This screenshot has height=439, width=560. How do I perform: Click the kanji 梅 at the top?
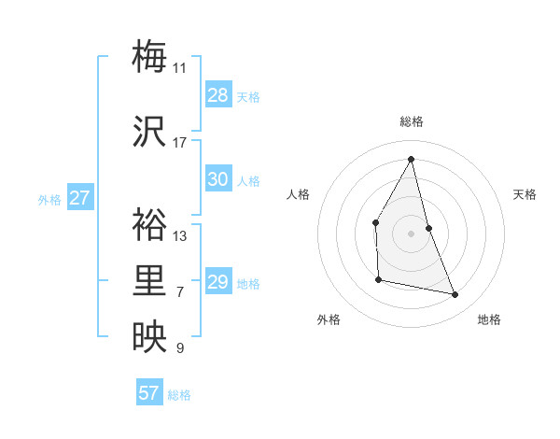point(149,55)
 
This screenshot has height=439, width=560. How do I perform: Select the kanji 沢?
point(149,130)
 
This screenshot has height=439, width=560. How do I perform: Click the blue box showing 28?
point(218,95)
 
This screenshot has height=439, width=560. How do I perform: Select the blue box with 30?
point(218,179)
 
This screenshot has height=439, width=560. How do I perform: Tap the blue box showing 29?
point(218,282)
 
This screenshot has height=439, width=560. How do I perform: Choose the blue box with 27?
point(80,198)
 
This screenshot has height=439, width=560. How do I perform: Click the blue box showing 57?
point(149,393)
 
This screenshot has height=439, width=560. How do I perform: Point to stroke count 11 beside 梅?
point(179,67)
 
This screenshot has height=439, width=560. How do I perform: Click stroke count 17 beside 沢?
point(179,142)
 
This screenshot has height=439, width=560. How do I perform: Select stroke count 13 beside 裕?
point(179,235)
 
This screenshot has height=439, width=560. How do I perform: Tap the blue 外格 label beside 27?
point(49,199)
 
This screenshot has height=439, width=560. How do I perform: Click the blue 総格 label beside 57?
point(179,394)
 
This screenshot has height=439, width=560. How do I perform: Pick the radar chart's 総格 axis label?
point(411,121)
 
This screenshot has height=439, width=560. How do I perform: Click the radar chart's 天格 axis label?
point(525,194)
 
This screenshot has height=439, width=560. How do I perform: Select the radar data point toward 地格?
point(455,295)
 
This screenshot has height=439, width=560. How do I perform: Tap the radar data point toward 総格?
point(411,159)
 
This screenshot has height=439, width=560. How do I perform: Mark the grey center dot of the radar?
point(411,233)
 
